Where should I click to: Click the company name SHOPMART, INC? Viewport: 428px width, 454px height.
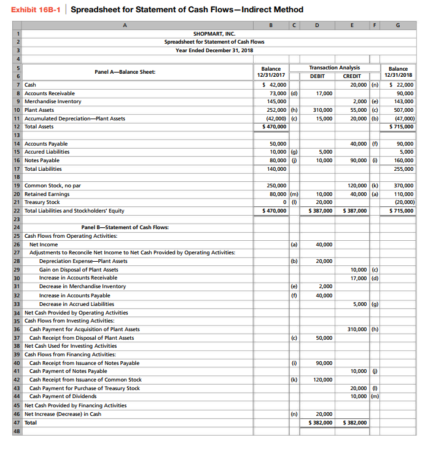pyautogui.click(x=214, y=33)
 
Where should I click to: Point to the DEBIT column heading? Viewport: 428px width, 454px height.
pyautogui.click(x=317, y=76)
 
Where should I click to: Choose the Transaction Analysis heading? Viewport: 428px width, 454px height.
pyautogui.click(x=335, y=68)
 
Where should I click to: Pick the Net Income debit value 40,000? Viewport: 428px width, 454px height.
pyautogui.click(x=324, y=244)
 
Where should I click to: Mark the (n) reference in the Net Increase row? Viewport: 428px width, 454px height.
pyautogui.click(x=294, y=414)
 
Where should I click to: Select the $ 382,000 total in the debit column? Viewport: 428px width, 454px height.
pyautogui.click(x=321, y=423)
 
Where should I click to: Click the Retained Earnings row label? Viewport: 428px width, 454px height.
pyautogui.click(x=47, y=194)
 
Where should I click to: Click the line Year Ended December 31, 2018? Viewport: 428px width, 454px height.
pyautogui.click(x=214, y=50)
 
